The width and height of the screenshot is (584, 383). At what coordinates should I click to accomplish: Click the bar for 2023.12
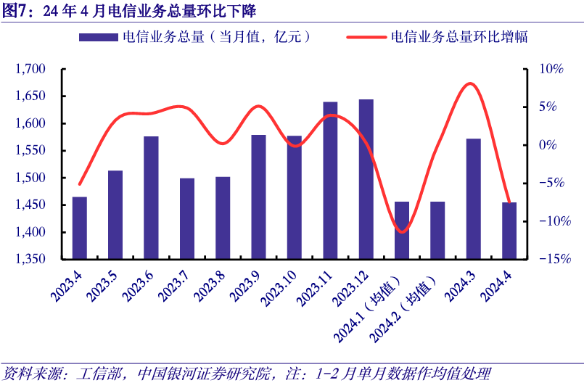[x=366, y=179]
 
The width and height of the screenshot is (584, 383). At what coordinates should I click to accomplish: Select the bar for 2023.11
[x=330, y=181]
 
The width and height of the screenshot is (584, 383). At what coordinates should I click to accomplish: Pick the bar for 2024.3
[x=473, y=199]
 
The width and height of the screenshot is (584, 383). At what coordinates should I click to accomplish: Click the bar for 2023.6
[x=151, y=197]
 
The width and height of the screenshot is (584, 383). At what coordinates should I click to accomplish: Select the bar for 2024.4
[x=509, y=231]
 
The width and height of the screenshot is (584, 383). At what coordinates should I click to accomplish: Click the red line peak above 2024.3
[x=470, y=83]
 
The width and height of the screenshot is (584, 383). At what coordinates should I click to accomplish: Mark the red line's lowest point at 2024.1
[x=403, y=232]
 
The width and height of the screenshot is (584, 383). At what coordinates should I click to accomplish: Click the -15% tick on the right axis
[x=549, y=259]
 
